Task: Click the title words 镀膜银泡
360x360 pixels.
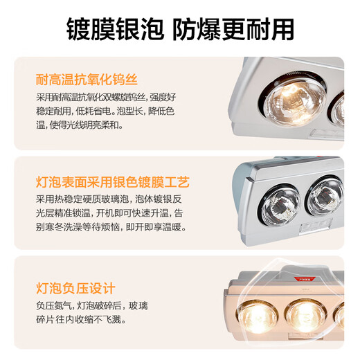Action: tap(114, 28)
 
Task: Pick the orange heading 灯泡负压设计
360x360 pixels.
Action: tap(76, 288)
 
